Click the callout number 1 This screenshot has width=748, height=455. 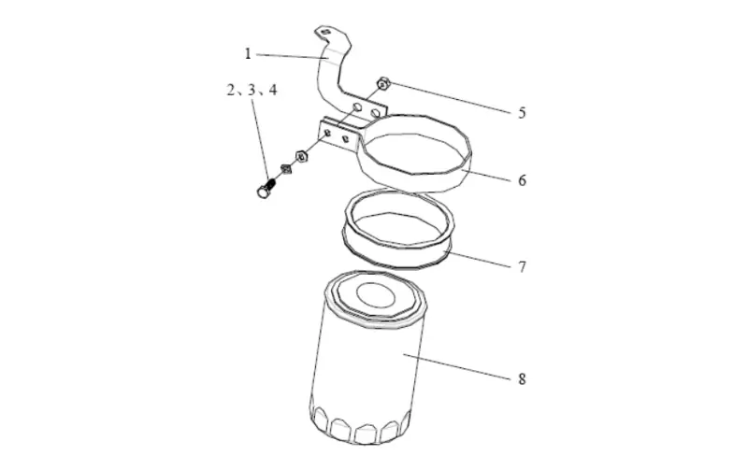pyautogui.click(x=248, y=54)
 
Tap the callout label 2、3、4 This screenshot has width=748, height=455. pyautogui.click(x=251, y=91)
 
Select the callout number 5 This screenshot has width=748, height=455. pyautogui.click(x=522, y=113)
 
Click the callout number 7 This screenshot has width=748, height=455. pyautogui.click(x=522, y=266)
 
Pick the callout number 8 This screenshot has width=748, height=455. pyautogui.click(x=522, y=378)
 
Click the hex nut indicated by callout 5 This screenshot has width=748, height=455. pyautogui.click(x=382, y=84)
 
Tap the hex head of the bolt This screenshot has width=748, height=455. pyautogui.click(x=261, y=192)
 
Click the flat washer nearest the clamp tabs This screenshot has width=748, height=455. pyautogui.click(x=301, y=155)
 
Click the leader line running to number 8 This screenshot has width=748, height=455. pyautogui.click(x=458, y=366)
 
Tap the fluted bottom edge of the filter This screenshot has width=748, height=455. pyautogui.click(x=360, y=425)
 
